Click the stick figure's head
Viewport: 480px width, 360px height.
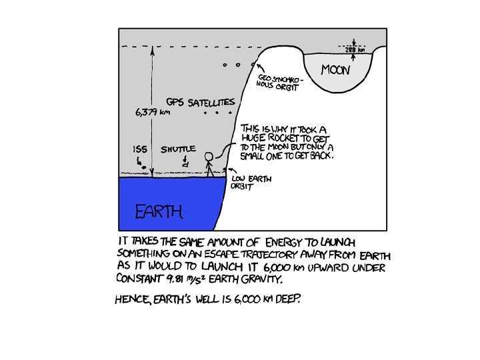tap(209, 157)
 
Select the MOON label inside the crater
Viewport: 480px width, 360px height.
tap(335, 69)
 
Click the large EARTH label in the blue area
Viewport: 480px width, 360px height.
tap(159, 213)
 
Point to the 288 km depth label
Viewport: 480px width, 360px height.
tap(355, 50)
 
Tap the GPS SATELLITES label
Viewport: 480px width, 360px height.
tap(201, 103)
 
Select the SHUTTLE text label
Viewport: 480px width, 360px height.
tap(178, 150)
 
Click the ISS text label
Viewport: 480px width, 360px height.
tap(139, 149)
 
